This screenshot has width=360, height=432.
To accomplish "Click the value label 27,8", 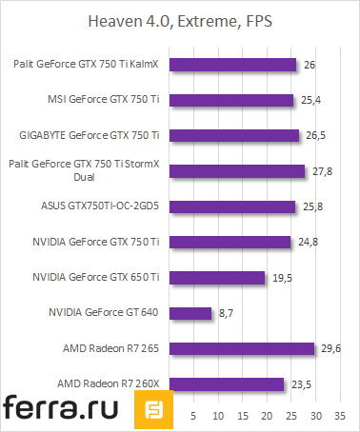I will (322, 171).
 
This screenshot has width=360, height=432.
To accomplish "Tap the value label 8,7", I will (227, 313).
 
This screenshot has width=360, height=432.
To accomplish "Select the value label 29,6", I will (330, 349).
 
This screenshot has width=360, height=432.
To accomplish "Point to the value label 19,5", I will (281, 278).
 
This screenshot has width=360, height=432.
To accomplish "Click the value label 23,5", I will (301, 384).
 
